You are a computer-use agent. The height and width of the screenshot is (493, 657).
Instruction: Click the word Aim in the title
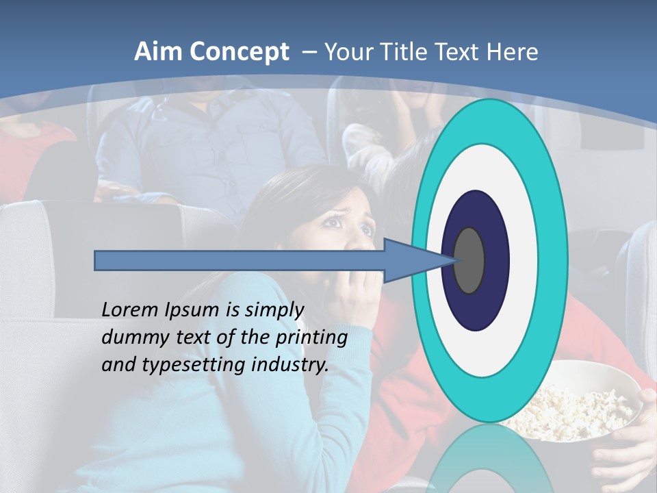click(x=158, y=52)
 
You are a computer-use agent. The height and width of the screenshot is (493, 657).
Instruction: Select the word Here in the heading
click(x=513, y=52)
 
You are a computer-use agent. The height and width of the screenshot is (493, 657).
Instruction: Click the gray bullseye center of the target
click(x=469, y=260)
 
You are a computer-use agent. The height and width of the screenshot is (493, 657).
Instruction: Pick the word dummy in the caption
click(x=131, y=338)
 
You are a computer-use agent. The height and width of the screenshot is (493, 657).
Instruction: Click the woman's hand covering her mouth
click(x=356, y=294)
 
